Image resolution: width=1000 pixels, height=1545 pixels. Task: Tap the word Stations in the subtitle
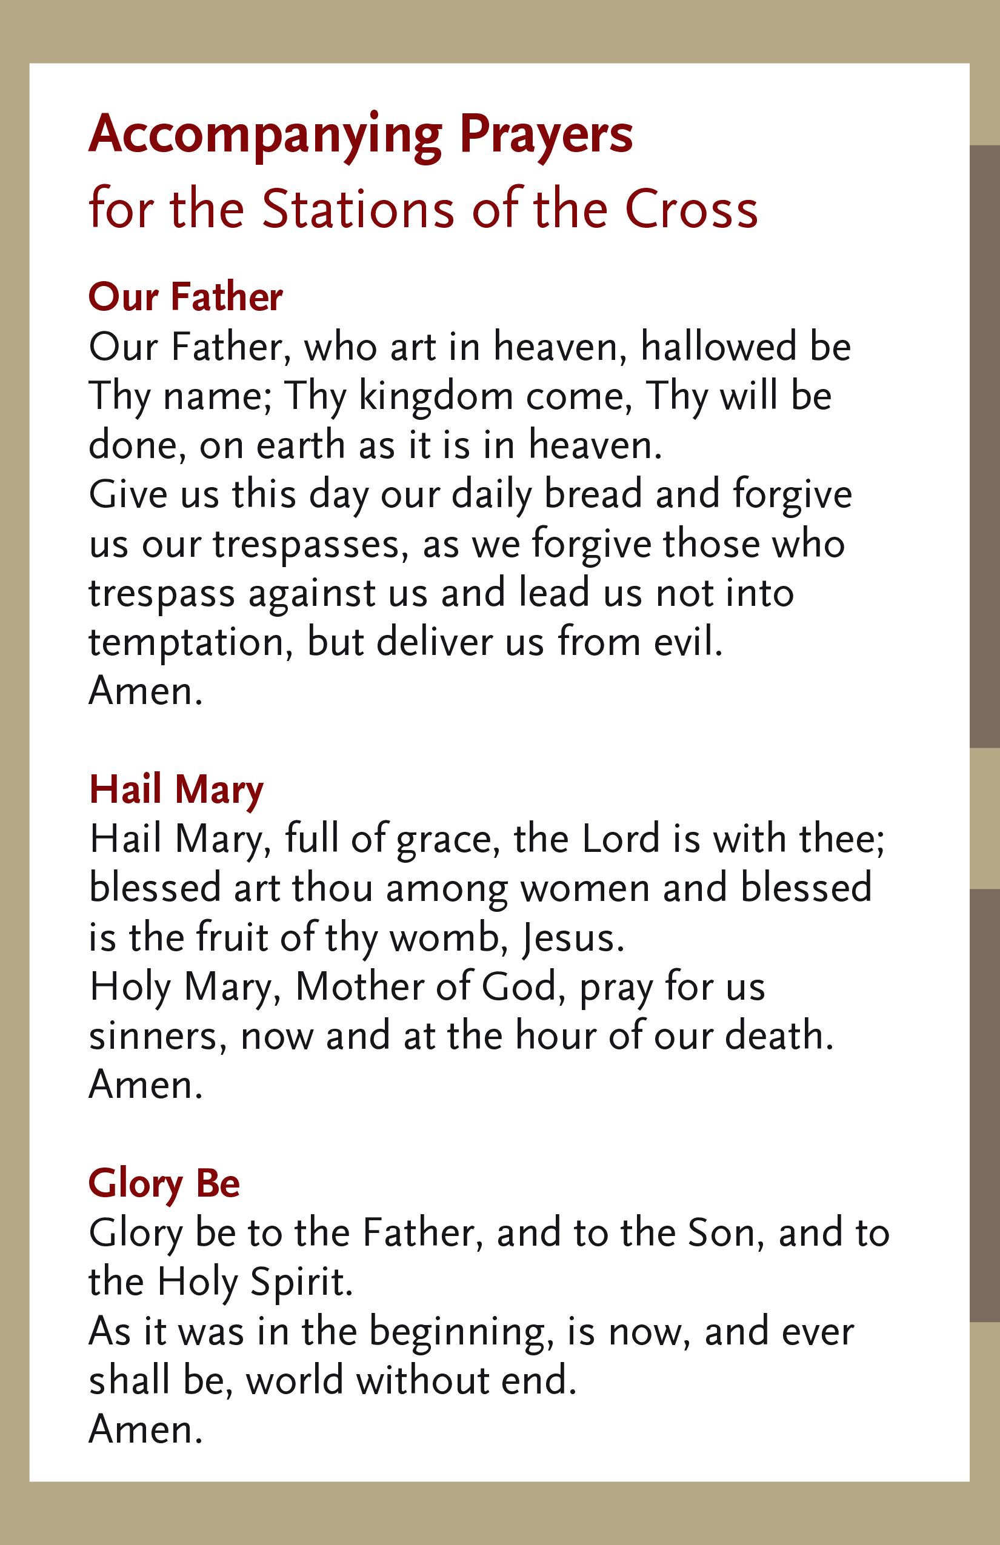tap(359, 210)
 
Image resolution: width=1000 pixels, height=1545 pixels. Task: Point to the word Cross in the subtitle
tap(692, 210)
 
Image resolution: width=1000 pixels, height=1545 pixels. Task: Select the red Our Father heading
tap(185, 297)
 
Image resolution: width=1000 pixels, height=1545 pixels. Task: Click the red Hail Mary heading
tap(176, 790)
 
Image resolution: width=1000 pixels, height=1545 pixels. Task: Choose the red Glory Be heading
tap(164, 1183)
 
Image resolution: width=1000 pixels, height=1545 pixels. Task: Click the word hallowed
tap(718, 347)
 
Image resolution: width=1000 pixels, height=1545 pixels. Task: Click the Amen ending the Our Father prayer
tap(145, 691)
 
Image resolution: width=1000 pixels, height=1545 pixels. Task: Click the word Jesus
tap(572, 939)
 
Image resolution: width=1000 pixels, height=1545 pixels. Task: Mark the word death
tap(779, 1036)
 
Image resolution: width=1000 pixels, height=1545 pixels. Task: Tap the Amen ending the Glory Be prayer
tap(145, 1430)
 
